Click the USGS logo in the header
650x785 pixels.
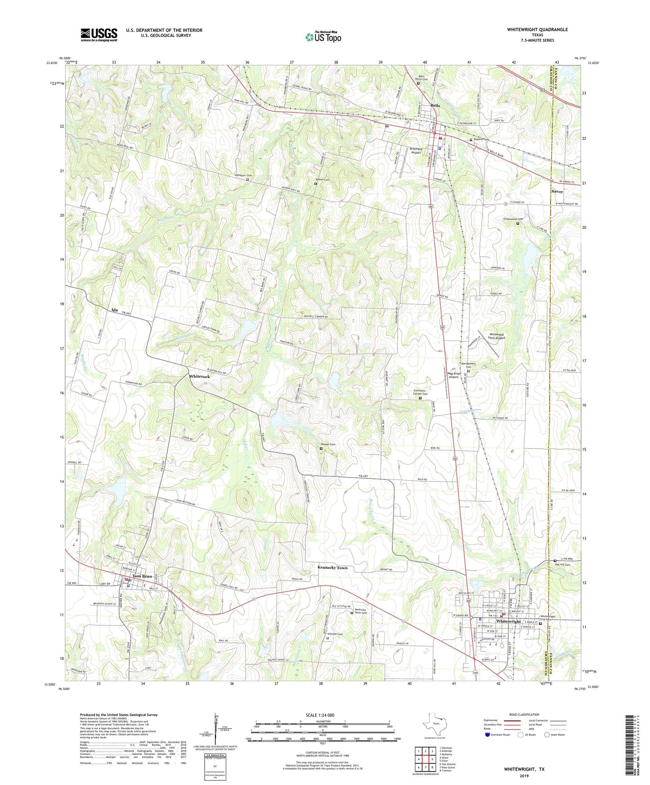(99, 35)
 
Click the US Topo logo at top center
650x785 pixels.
(323, 37)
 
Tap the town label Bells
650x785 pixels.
(435, 106)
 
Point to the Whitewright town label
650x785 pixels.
(508, 621)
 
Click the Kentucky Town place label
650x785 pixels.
(332, 568)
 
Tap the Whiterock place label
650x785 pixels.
(199, 376)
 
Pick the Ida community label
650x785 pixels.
(115, 310)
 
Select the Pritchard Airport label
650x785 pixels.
(416, 151)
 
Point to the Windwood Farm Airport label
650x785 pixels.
(497, 336)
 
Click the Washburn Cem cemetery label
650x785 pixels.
(242, 175)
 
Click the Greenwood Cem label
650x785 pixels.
(513, 219)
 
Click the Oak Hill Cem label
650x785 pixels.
(562, 565)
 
